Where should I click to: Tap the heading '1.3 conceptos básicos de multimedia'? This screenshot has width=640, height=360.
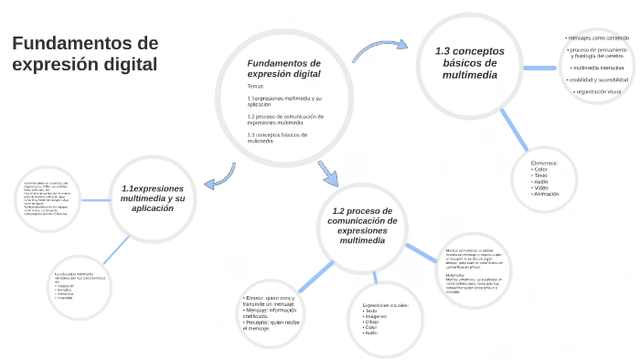pyautogui.click(x=470, y=63)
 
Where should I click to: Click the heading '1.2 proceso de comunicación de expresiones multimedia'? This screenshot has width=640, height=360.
pyautogui.click(x=363, y=225)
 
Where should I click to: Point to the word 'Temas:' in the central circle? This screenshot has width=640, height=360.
pyautogui.click(x=256, y=86)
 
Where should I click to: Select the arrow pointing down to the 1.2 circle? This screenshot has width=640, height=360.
pyautogui.click(x=326, y=173)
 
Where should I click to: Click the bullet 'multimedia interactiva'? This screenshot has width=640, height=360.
pyautogui.click(x=598, y=68)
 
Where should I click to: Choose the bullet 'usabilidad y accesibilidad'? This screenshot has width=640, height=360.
pyautogui.click(x=598, y=79)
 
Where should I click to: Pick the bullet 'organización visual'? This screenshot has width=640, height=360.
pyautogui.click(x=598, y=91)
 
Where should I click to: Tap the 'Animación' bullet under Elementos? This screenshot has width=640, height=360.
pyautogui.click(x=547, y=194)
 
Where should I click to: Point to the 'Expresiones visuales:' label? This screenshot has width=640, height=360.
pyautogui.click(x=385, y=304)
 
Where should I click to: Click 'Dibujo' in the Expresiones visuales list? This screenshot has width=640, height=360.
pyautogui.click(x=371, y=322)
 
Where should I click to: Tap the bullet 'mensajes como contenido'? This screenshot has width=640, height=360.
pyautogui.click(x=598, y=37)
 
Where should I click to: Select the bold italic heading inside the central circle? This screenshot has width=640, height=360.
pyautogui.click(x=283, y=68)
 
